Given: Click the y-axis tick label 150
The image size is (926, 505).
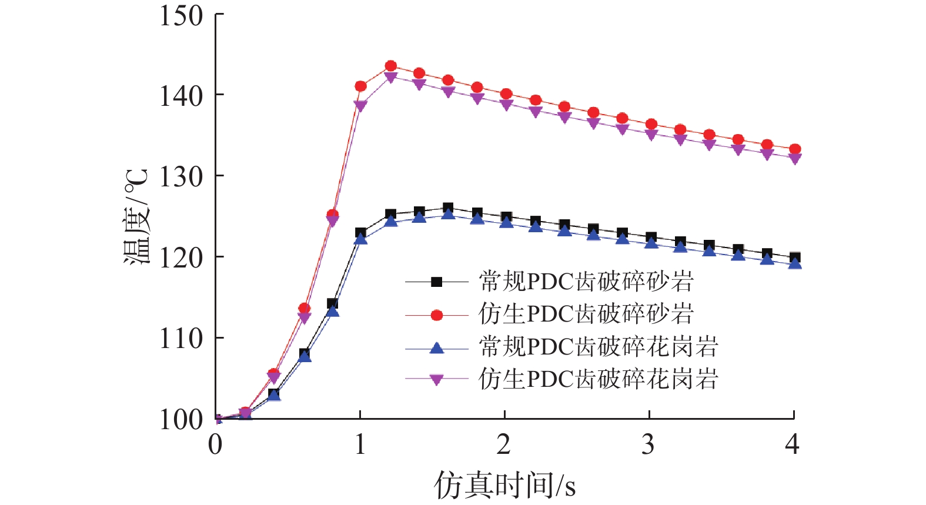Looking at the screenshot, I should pyautogui.click(x=181, y=16).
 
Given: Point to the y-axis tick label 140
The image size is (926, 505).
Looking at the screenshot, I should pyautogui.click(x=181, y=96).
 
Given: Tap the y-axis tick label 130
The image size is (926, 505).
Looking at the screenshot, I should pyautogui.click(x=181, y=176).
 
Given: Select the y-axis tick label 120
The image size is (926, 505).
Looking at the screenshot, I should pyautogui.click(x=181, y=257).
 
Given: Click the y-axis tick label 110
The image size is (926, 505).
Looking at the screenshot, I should pyautogui.click(x=181, y=339).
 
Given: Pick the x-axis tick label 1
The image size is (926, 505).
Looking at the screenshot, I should pyautogui.click(x=360, y=445).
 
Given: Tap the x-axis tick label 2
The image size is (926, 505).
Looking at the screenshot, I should pyautogui.click(x=504, y=445).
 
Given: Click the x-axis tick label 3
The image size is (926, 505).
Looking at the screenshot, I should pyautogui.click(x=648, y=445).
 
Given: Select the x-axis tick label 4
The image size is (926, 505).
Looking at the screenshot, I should pyautogui.click(x=793, y=445).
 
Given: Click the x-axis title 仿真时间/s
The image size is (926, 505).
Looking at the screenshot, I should pyautogui.click(x=504, y=486).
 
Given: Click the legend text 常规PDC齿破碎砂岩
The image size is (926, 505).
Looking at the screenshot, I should pyautogui.click(x=586, y=282).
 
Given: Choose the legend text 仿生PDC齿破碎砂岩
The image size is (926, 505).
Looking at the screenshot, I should pyautogui.click(x=586, y=315).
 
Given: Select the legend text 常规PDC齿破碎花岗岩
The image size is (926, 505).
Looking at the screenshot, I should pyautogui.click(x=599, y=347).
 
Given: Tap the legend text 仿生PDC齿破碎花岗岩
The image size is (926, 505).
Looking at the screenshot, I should pyautogui.click(x=599, y=380).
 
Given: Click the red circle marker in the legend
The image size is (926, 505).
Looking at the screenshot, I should pyautogui.click(x=437, y=315).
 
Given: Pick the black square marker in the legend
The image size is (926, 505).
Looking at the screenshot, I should pyautogui.click(x=437, y=282).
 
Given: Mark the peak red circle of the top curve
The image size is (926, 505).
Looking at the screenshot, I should pyautogui.click(x=390, y=66).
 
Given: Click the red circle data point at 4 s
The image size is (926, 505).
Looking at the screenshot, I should pyautogui.click(x=794, y=149).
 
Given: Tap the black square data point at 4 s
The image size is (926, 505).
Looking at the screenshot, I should pyautogui.click(x=794, y=257).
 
